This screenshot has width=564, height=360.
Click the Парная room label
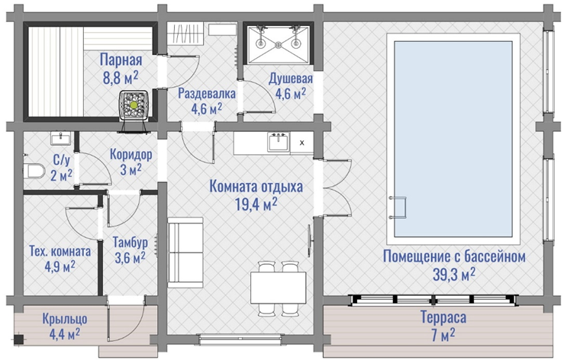pos(121,59)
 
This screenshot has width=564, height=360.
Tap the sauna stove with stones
pos(134,104)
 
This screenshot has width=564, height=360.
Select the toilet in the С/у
pos(34,171)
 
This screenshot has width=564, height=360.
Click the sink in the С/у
pos(61,139)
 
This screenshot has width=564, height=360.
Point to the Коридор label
pos(131,154)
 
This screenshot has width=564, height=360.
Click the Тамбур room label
pos(131,243)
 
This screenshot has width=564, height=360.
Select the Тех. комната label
pos(60,251)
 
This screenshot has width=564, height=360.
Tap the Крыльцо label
pos(65,319)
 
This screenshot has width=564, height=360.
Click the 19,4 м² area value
pos(256,204)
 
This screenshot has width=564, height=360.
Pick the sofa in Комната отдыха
pos(185,252)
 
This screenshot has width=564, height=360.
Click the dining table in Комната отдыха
pos(279,288)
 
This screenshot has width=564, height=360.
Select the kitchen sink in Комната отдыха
pos(278,141)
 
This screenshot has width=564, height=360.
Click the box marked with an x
pos(301,143)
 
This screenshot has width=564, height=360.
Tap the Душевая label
pos(291,79)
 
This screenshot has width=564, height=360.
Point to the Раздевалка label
pos(207,94)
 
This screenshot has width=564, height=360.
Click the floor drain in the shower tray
pos(278,45)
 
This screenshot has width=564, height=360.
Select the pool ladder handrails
pos(398,207)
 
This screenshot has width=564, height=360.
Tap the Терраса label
pos(443,317)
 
